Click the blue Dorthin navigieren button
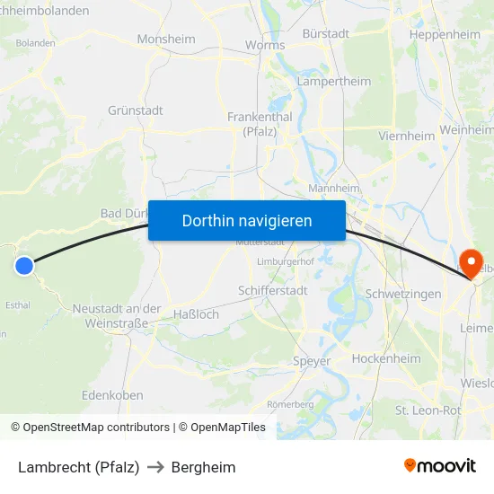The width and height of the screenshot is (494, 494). (x=247, y=220)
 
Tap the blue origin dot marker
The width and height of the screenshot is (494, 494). (x=24, y=265)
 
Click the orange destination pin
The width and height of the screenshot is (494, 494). (x=469, y=261)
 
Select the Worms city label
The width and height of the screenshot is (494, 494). (x=265, y=45)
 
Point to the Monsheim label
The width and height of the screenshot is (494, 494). (x=166, y=40)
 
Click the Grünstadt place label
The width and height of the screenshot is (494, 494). (x=135, y=110)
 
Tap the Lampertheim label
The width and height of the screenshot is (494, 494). (x=333, y=82)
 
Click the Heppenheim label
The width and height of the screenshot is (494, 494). (x=445, y=34)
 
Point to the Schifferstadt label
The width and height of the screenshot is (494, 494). (x=272, y=291)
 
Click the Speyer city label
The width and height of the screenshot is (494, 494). (x=312, y=361)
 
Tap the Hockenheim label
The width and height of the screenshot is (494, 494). (x=386, y=358)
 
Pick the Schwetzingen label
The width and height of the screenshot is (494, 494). (x=403, y=295)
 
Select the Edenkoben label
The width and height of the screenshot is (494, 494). (x=112, y=395)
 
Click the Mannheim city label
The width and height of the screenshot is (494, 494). (x=333, y=189)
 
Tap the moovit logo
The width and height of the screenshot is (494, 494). (x=440, y=465)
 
